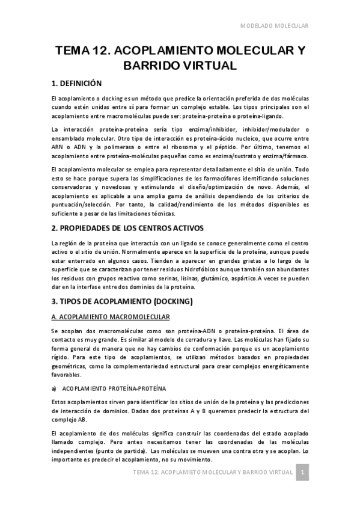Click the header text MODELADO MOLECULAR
click(x=274, y=26)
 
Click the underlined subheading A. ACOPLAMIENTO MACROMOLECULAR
click(x=111, y=316)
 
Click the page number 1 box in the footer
click(x=304, y=472)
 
